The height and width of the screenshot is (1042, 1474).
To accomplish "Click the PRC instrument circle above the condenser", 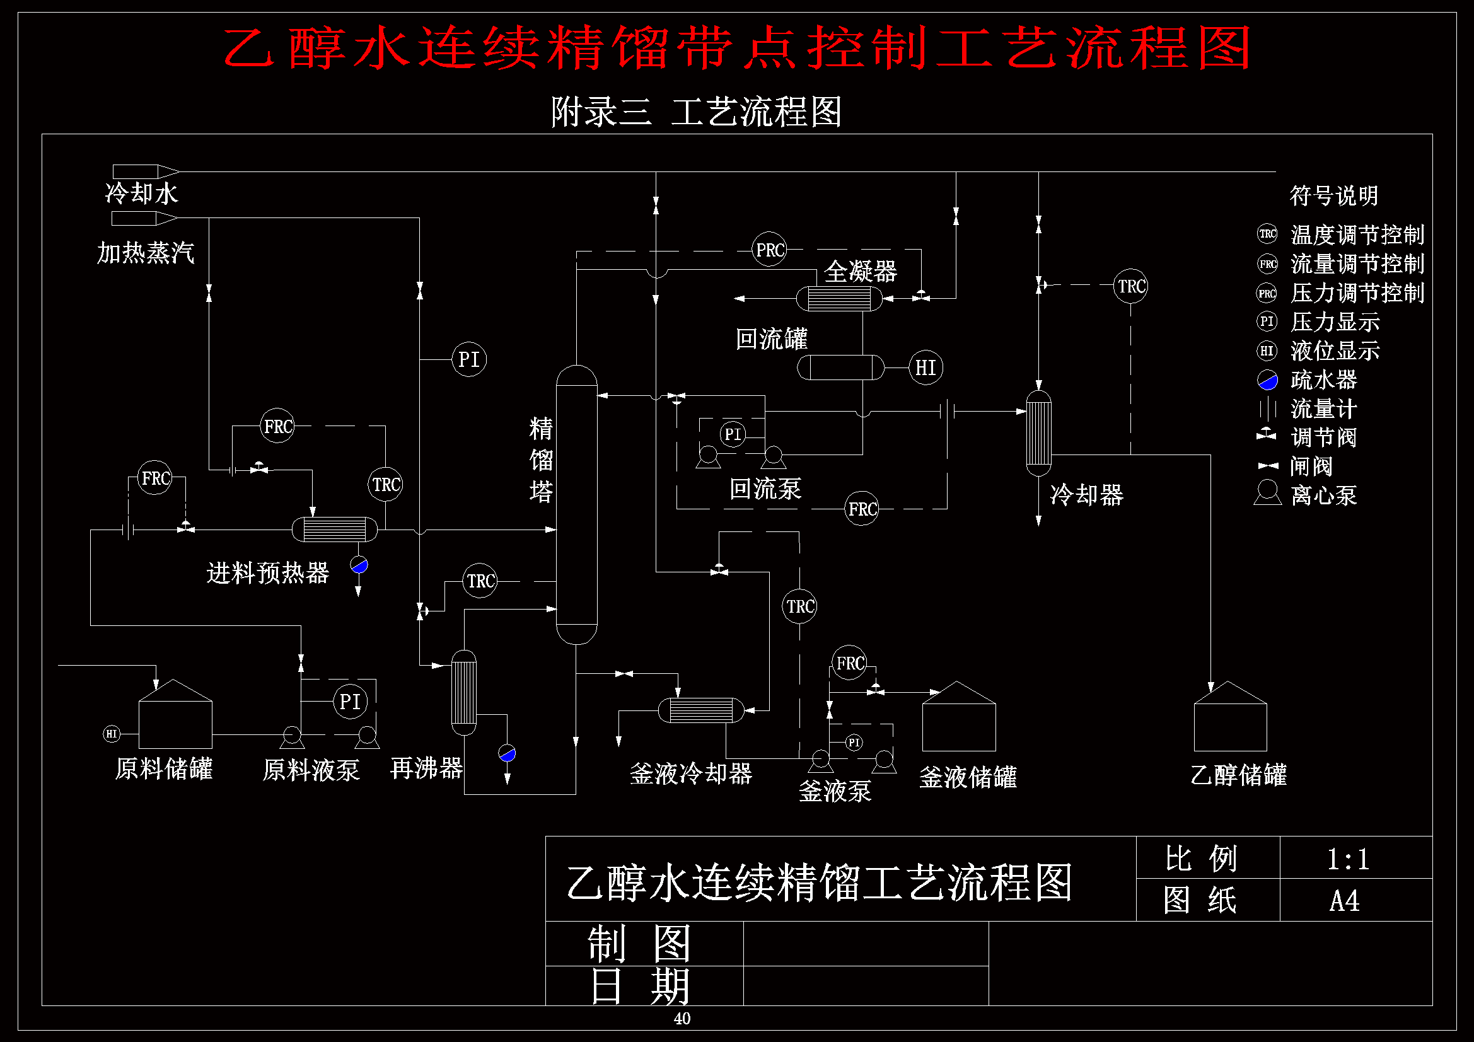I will coord(769,250).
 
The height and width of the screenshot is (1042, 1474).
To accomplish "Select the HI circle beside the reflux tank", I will coord(925,368).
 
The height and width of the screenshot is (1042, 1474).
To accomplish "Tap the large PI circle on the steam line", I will coord(468,359).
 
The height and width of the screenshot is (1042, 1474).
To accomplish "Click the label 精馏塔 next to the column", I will coord(540,460).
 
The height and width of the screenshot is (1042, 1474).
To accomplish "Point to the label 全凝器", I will coord(861,272).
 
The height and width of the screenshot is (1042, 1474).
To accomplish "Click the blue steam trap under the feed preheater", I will coord(359,565).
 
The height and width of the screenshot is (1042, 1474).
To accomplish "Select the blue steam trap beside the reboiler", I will coord(507,753).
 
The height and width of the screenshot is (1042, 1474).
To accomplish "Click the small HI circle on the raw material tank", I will coord(112,734).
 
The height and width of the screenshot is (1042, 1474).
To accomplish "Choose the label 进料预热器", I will coord(268,572).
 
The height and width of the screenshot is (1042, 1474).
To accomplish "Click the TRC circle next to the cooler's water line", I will coord(1130,286).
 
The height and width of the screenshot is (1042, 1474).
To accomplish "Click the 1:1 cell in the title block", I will coord(1349,859).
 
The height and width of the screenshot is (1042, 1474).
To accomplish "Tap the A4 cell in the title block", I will coord(1345,900).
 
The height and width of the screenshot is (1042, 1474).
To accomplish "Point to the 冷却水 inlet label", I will coord(141,194).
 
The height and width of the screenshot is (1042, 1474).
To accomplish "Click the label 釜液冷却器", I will coord(691,773).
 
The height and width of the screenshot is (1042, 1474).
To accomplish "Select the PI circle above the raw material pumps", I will coord(350,701).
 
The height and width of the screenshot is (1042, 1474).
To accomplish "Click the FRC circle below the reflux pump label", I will coord(862,509).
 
